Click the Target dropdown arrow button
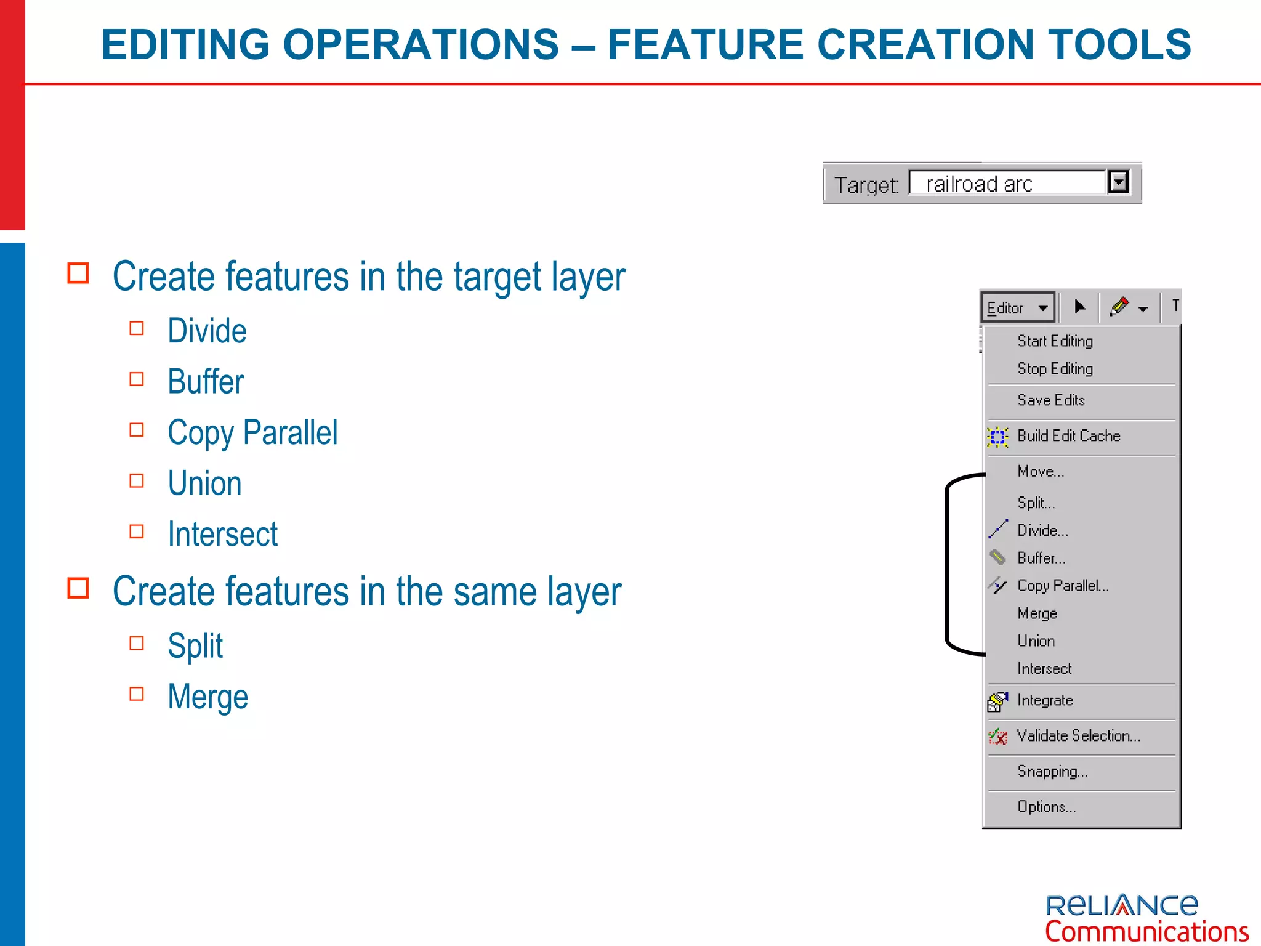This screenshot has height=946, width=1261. tap(1118, 182)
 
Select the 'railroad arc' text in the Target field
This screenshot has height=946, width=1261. tap(978, 184)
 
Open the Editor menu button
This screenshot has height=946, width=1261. tap(1017, 307)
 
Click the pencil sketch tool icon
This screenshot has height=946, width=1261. tap(1119, 306)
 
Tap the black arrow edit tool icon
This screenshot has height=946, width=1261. tap(1079, 306)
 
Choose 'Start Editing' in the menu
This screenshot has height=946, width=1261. tap(1055, 341)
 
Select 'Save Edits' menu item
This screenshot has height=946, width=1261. tap(1050, 400)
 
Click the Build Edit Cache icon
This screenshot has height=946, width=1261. tap(997, 437)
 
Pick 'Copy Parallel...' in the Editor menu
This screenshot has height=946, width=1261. tap(1063, 586)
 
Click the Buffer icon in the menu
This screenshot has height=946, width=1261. tap(997, 557)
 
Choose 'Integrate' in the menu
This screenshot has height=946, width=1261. tap(1045, 700)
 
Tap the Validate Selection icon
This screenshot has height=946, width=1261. tap(997, 736)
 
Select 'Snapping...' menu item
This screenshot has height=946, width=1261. tap(1052, 771)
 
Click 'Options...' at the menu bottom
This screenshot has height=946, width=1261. tap(1046, 807)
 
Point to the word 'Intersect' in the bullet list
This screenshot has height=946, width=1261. tap(222, 534)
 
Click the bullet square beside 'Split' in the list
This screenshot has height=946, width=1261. tap(137, 644)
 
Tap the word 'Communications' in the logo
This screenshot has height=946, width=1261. tap(1146, 931)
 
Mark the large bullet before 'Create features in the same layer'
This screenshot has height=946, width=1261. tap(78, 588)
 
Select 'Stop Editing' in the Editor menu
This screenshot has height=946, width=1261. tap(1055, 369)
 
